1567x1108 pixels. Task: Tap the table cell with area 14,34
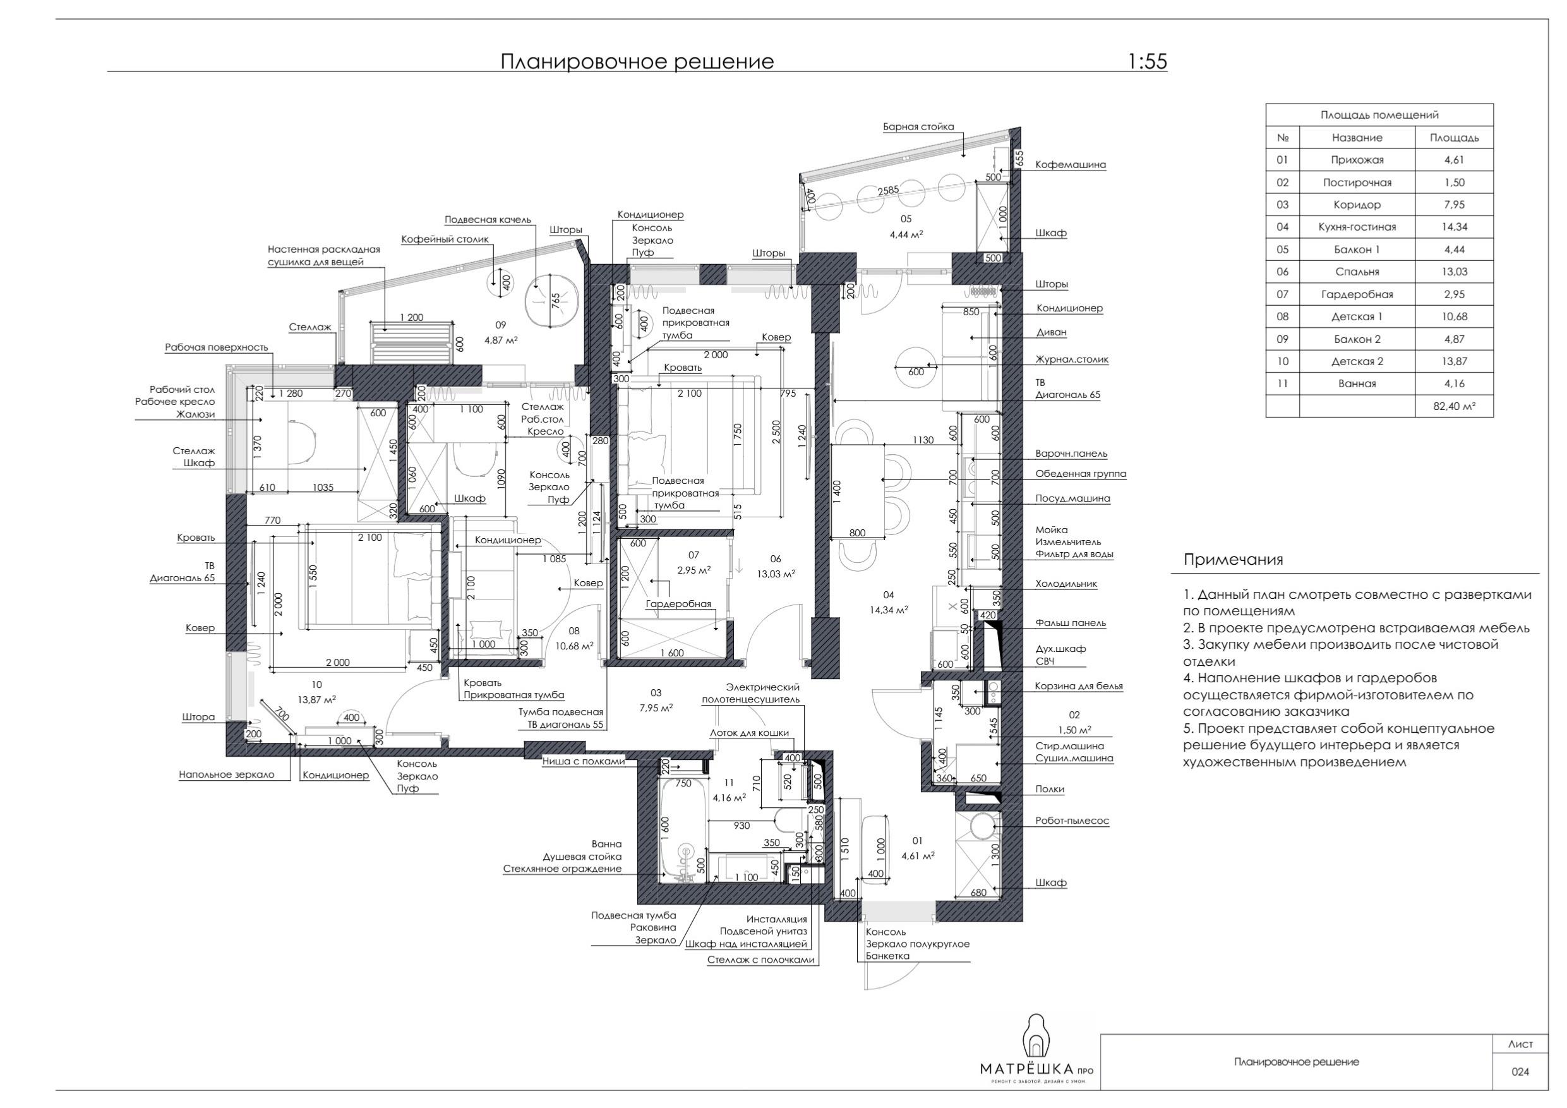(x=1454, y=227)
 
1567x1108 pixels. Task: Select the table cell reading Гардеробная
(x=1357, y=294)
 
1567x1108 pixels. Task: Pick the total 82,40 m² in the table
(x=1454, y=406)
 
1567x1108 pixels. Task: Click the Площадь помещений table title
(x=1379, y=115)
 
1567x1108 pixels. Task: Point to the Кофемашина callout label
(x=1070, y=164)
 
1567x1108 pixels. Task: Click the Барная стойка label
(x=918, y=126)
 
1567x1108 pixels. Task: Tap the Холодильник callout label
(x=1066, y=584)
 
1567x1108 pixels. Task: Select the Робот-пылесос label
(x=1072, y=821)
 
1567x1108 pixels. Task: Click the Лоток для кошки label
(x=749, y=733)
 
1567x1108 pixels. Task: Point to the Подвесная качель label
(x=488, y=220)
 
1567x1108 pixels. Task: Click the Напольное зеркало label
(x=227, y=775)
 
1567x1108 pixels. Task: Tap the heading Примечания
(x=1234, y=560)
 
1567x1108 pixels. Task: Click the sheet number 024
(x=1520, y=1071)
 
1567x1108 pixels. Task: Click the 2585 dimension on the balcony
(x=888, y=191)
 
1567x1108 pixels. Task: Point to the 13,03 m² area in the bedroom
(x=776, y=574)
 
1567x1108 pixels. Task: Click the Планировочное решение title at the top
(x=637, y=61)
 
